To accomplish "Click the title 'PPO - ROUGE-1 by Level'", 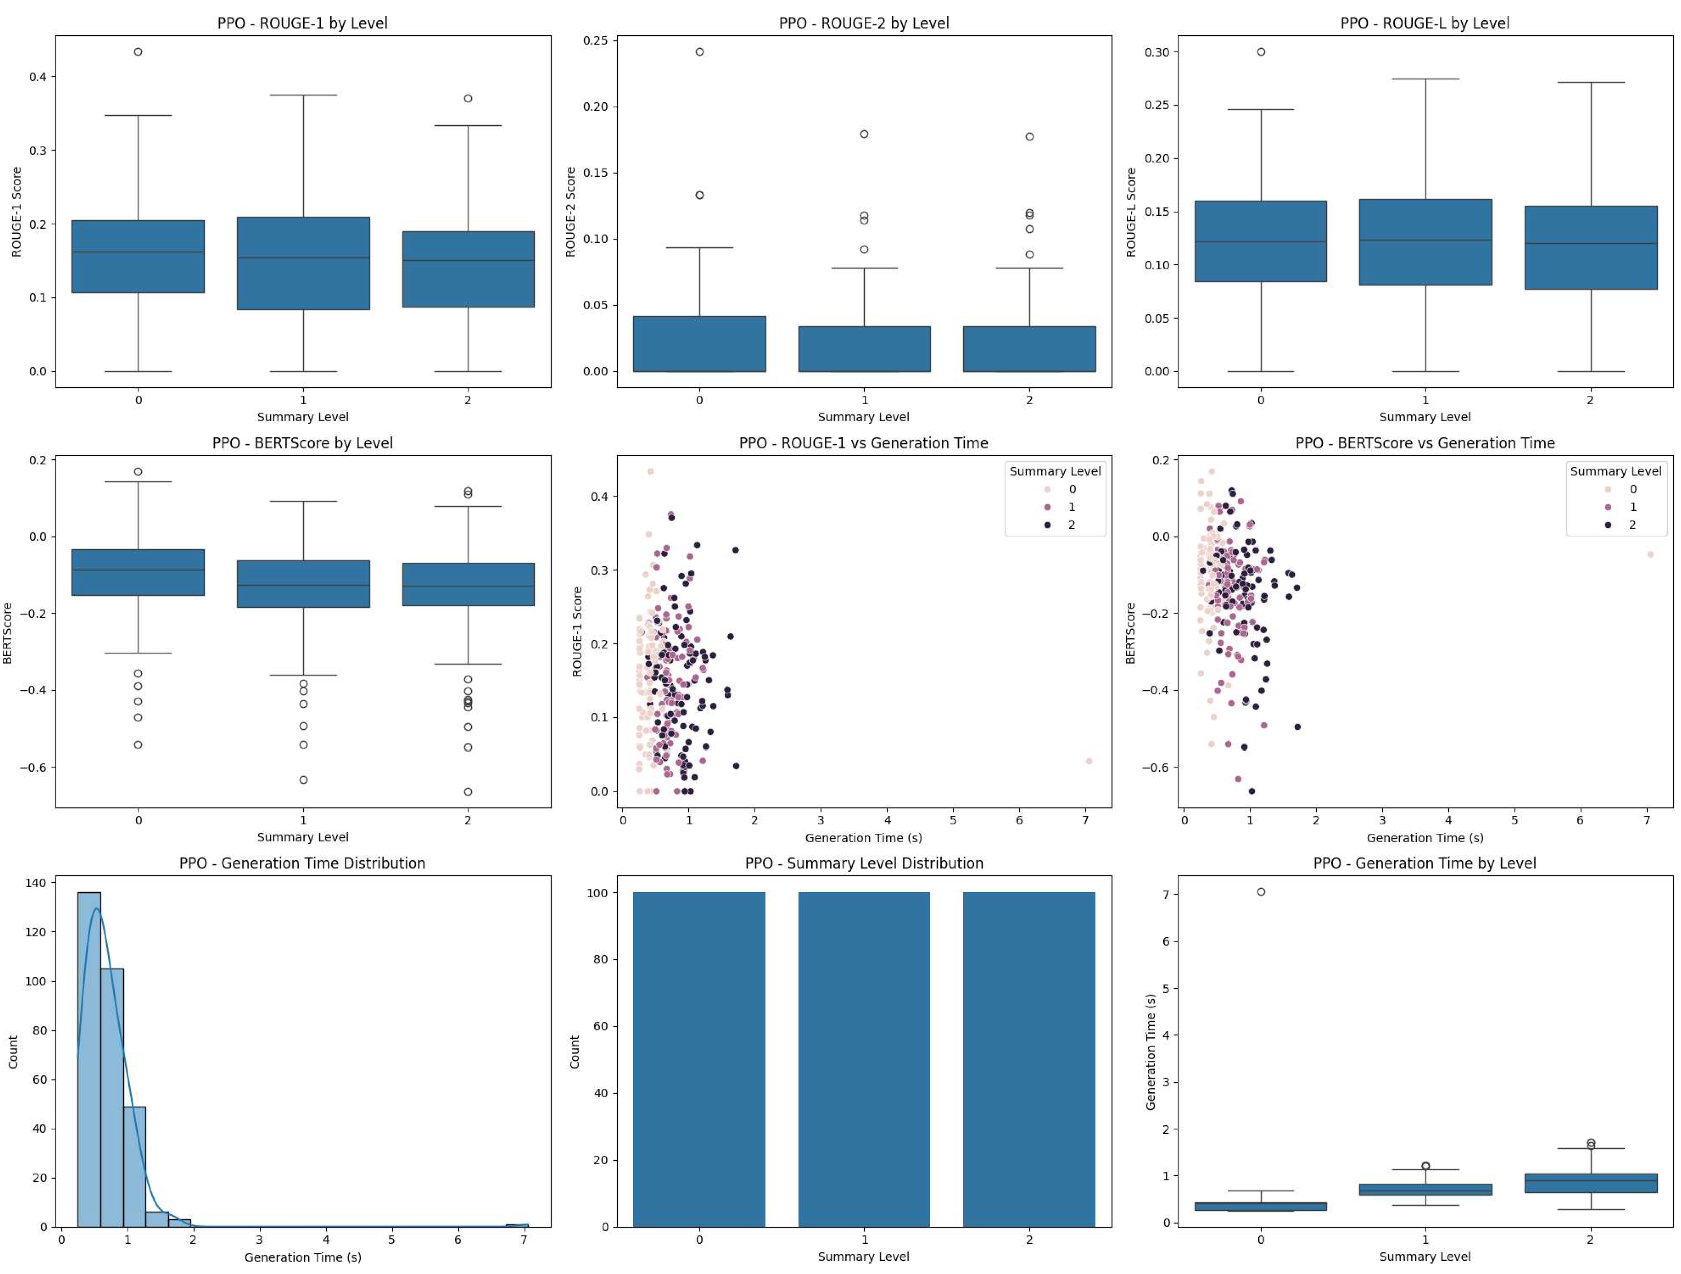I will [x=302, y=23].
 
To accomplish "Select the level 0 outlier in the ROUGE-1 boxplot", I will [x=138, y=52].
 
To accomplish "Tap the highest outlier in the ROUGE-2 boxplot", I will [x=699, y=52].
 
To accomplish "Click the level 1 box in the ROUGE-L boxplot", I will [x=1425, y=241].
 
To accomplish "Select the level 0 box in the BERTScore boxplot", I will [x=138, y=572].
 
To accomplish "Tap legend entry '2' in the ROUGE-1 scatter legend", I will [x=1049, y=525].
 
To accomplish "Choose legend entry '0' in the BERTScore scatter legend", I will [x=1609, y=489].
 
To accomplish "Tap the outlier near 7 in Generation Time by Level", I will [x=1261, y=892].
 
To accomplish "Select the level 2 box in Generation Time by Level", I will [x=1591, y=1183].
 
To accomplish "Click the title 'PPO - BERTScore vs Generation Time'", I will [x=1425, y=443].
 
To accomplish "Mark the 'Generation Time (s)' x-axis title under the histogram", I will [x=302, y=1257].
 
